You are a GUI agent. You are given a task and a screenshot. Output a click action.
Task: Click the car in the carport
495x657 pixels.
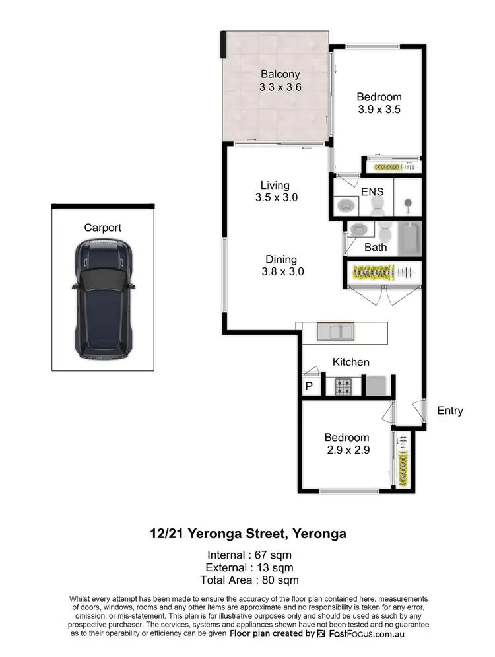point(103,298)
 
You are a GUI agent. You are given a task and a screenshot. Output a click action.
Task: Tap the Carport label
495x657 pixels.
point(103,228)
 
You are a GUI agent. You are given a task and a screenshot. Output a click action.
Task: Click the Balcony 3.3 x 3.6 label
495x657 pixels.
point(280,80)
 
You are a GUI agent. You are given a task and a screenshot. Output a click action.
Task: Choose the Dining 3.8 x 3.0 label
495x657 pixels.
point(281,265)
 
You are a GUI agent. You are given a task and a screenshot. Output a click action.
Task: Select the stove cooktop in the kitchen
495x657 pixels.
point(343,385)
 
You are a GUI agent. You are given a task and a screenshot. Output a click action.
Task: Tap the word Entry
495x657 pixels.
point(450,411)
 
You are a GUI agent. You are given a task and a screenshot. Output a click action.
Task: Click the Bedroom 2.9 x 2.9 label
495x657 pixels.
point(346,443)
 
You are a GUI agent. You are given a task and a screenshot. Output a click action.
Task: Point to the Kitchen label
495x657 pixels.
point(350,362)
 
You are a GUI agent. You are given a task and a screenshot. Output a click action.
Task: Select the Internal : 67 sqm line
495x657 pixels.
point(249,555)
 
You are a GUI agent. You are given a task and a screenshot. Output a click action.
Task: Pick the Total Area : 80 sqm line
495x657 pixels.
point(249,580)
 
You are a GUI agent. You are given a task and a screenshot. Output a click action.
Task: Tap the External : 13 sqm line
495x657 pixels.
point(249,567)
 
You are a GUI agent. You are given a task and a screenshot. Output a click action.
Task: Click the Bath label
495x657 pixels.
point(376,248)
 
